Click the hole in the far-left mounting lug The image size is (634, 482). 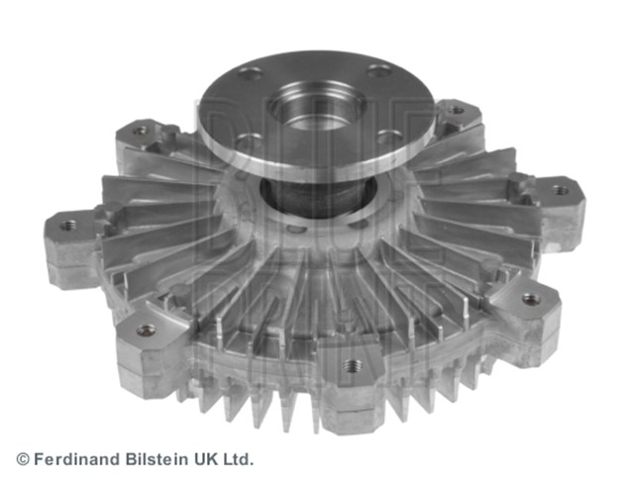[x=67, y=226]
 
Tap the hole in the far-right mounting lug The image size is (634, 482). [x=562, y=189]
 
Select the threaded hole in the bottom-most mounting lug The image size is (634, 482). [x=351, y=365]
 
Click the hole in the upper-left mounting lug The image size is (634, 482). [x=140, y=130]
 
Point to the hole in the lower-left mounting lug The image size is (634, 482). [x=146, y=330]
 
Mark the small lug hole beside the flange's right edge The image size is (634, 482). [x=456, y=110]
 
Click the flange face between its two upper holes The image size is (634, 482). [x=313, y=69]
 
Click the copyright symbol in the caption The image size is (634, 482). [x=23, y=459]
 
